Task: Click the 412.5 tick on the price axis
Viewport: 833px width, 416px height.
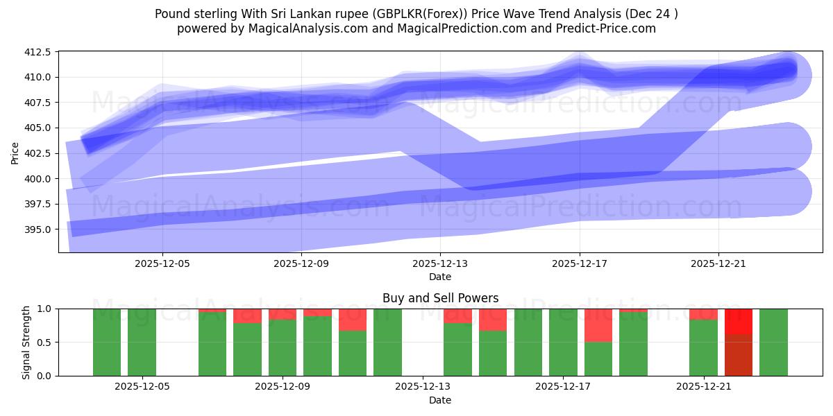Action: (x=40, y=52)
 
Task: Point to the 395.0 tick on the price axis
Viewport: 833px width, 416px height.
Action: (x=40, y=229)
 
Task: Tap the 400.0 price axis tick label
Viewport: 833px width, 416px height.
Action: (x=40, y=179)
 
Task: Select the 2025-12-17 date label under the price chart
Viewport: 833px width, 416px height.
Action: (x=580, y=263)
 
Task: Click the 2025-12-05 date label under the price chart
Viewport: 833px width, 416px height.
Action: (x=162, y=263)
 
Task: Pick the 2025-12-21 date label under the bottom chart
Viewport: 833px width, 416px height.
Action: (x=704, y=387)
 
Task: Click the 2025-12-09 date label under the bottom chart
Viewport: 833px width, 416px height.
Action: (x=283, y=387)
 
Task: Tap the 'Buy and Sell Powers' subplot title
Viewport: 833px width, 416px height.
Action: (x=440, y=298)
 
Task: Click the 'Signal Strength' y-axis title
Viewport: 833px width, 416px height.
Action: (x=26, y=342)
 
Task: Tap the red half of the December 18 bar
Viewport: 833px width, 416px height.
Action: (x=598, y=325)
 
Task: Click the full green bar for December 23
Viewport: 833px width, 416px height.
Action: (x=773, y=342)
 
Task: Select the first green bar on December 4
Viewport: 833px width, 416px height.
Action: (x=107, y=342)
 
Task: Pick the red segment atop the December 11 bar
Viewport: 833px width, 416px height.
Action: (x=353, y=320)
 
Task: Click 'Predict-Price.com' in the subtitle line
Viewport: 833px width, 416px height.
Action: (x=609, y=28)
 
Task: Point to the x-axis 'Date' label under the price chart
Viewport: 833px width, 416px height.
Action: (x=440, y=277)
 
